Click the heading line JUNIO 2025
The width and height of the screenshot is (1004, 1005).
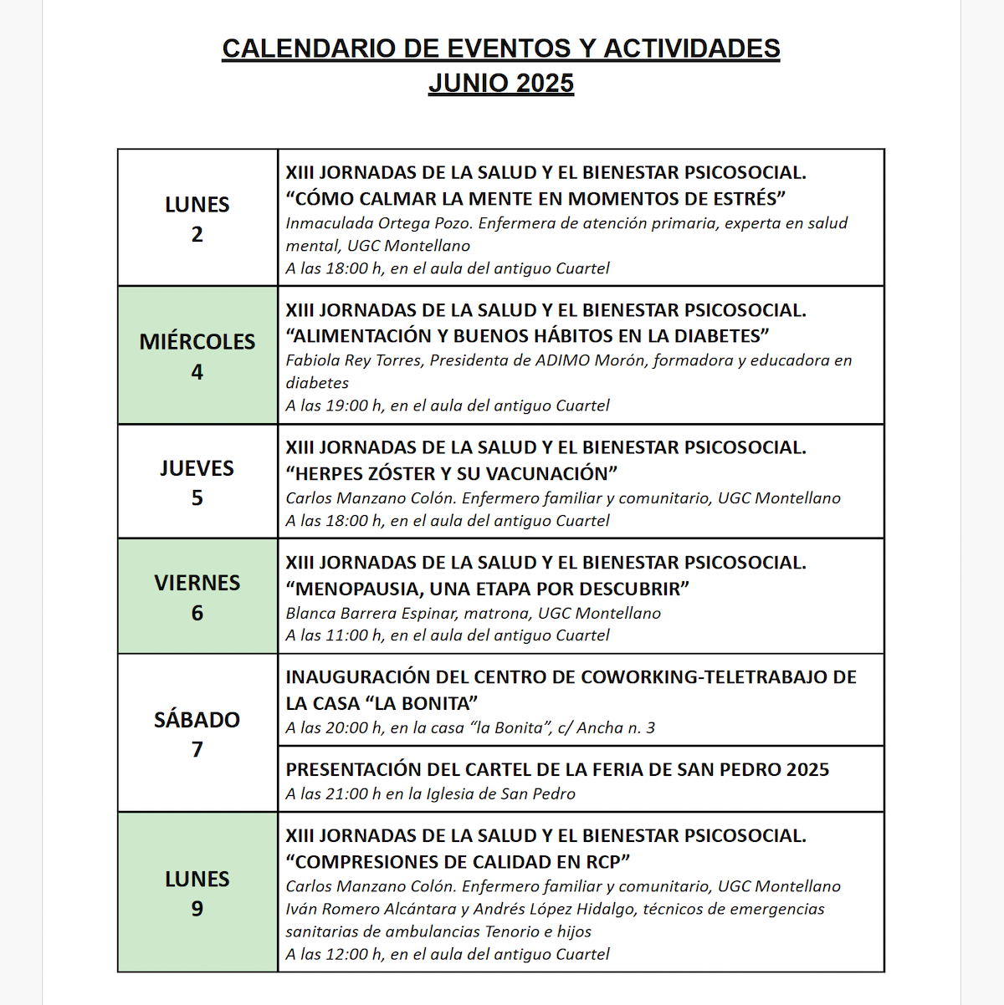(501, 84)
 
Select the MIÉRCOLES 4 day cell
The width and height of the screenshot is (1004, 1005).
(197, 355)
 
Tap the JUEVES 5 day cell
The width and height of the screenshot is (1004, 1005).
(197, 482)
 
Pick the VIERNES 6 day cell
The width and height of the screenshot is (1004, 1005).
(197, 596)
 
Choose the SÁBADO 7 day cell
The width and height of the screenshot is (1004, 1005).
(197, 733)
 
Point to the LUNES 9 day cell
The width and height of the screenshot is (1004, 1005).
(197, 892)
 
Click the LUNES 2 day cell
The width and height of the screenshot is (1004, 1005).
(197, 218)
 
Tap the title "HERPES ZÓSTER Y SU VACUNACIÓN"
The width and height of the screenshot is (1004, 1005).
(452, 473)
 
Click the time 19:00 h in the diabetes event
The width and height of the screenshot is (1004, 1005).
(355, 406)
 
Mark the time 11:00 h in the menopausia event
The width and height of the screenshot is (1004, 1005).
(355, 635)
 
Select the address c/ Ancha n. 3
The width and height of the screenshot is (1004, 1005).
(616, 728)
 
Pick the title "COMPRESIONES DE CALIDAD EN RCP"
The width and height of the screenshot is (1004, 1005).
(458, 862)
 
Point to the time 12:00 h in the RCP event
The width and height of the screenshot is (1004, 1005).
(355, 954)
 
